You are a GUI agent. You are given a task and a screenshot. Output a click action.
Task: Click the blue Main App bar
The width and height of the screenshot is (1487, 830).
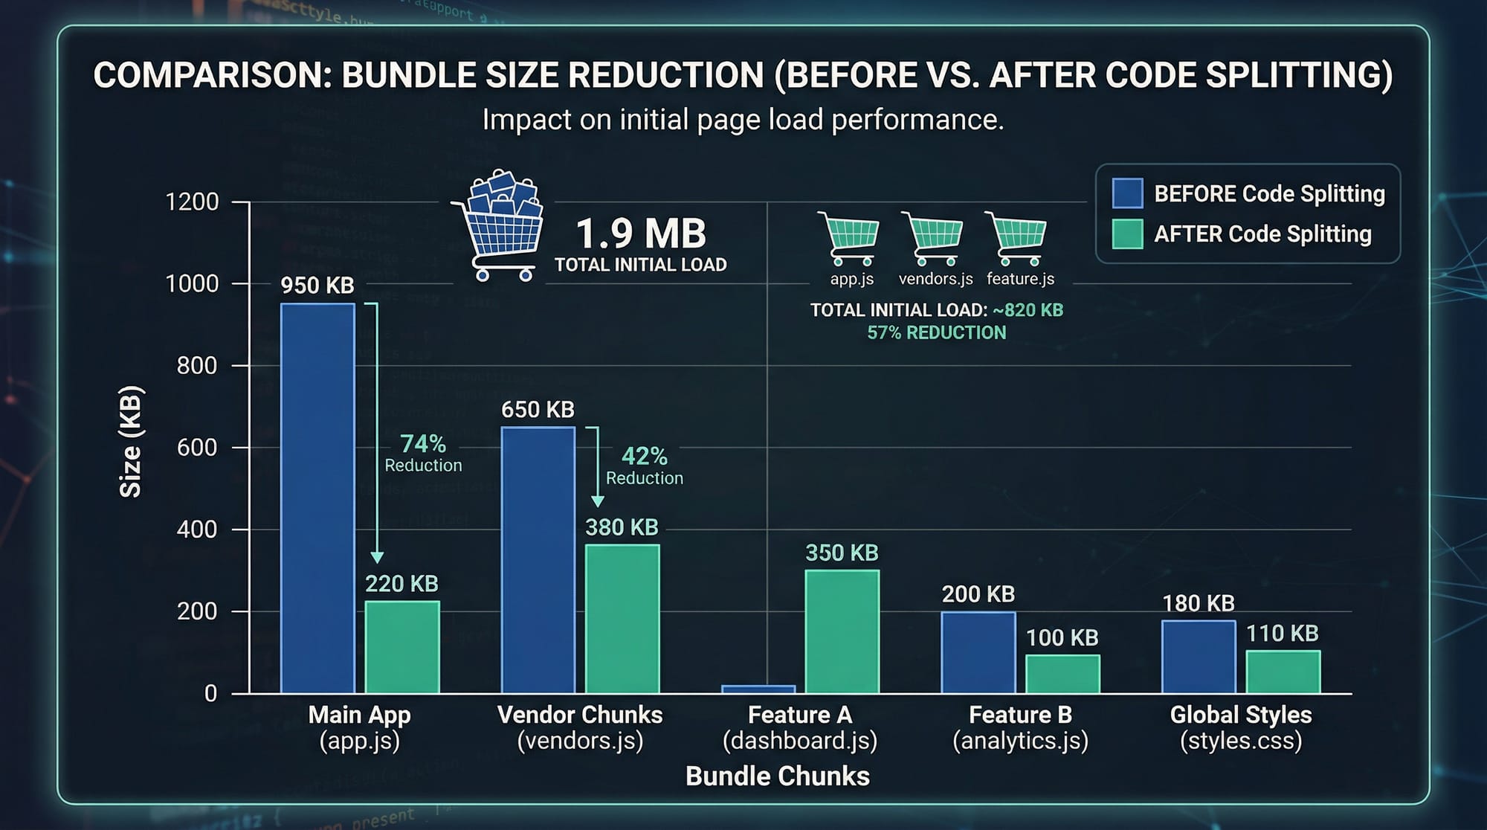[317, 498]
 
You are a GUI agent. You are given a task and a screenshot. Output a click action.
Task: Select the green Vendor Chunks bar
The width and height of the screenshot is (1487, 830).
[622, 619]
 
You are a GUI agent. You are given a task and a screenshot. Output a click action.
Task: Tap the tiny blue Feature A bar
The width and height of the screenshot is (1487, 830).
[758, 689]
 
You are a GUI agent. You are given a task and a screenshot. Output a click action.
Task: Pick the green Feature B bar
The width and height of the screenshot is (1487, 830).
[1062, 674]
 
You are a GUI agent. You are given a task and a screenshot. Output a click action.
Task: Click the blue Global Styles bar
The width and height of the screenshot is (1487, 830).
[1199, 657]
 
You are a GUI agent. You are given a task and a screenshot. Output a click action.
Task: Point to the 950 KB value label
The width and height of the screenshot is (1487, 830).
[317, 286]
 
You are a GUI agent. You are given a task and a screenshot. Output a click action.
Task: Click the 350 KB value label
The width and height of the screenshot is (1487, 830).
[842, 553]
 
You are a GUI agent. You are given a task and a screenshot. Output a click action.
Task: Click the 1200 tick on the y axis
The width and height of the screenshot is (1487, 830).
[192, 202]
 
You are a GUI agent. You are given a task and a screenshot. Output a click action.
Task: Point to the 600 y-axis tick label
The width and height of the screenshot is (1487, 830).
[197, 447]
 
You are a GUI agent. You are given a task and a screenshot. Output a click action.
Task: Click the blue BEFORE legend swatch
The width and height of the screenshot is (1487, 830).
[1127, 193]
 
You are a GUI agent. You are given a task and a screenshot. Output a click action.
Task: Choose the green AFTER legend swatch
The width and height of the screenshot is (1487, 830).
[1127, 234]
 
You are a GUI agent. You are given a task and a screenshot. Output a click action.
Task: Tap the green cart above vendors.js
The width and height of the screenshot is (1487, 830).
[934, 238]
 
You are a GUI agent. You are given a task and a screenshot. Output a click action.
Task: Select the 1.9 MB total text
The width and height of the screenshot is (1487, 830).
[640, 234]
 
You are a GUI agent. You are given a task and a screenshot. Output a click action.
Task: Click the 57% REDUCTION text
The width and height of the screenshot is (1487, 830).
[936, 332]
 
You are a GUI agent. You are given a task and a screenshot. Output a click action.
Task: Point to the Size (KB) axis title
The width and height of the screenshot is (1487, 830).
[131, 441]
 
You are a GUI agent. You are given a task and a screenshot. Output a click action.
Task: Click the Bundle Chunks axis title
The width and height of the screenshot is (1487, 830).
[777, 776]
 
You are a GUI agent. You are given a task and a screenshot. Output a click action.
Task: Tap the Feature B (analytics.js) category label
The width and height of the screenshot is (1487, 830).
[1020, 727]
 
